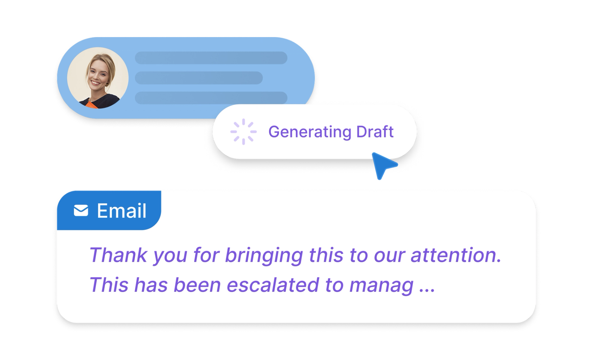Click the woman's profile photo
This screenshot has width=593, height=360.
click(x=98, y=78)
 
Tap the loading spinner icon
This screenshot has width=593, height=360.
click(x=243, y=132)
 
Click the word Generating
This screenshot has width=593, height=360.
click(x=310, y=132)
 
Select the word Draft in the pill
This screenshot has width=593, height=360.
click(x=375, y=132)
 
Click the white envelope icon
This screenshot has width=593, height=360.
click(x=81, y=210)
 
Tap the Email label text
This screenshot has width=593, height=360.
click(x=122, y=211)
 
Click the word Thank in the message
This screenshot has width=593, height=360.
click(x=118, y=255)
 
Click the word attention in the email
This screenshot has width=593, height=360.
click(x=456, y=255)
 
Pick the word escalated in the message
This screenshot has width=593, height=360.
click(x=273, y=285)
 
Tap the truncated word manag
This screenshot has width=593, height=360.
click(x=381, y=285)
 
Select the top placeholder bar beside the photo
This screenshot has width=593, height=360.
click(x=211, y=58)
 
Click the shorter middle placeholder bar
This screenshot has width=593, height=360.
click(x=199, y=78)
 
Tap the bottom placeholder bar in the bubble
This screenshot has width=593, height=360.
click(x=211, y=98)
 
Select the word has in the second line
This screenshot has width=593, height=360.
click(x=151, y=285)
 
